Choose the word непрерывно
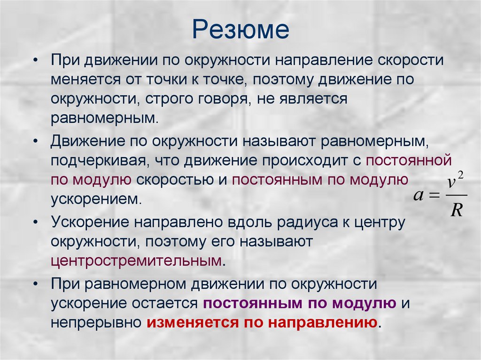click(x=96, y=322)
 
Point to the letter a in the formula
click(x=419, y=194)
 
